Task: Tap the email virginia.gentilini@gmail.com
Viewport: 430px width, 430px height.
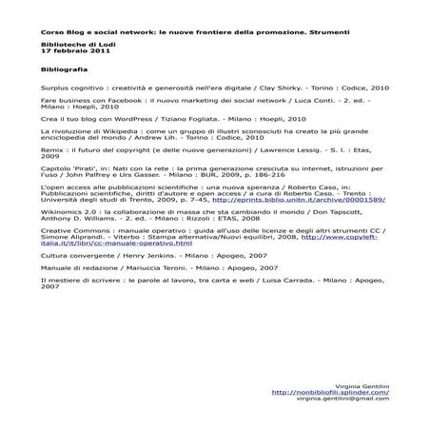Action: [342, 398]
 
